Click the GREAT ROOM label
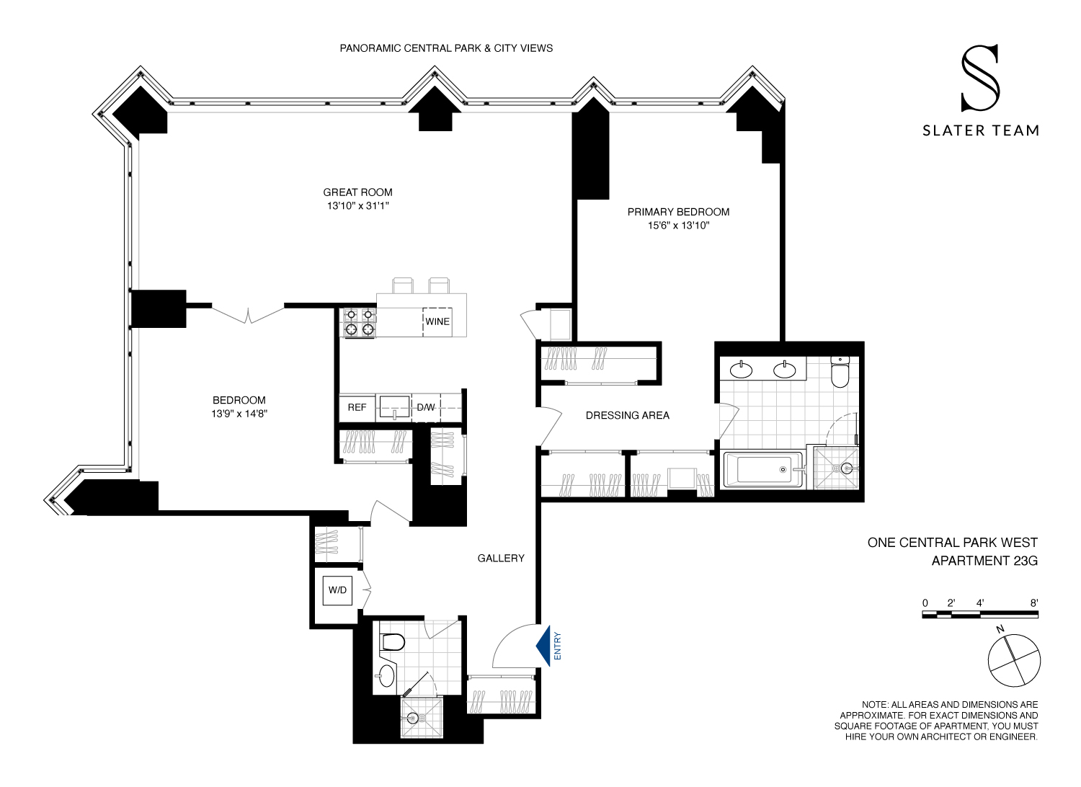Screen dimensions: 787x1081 coord(357,192)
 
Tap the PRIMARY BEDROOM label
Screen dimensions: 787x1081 coord(678,212)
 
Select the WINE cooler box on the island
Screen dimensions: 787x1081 coord(437,321)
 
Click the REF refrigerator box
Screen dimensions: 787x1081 coord(357,407)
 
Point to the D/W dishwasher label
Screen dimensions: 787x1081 coord(426,407)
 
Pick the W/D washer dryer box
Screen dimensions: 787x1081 coord(337,590)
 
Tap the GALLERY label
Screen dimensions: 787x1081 coord(501,558)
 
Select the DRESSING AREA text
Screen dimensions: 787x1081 coord(627,415)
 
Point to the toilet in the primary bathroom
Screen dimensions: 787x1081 coord(840,372)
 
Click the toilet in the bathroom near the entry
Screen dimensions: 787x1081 coord(393,641)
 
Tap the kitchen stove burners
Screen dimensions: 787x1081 coord(359,322)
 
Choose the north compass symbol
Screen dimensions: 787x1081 coord(1014,659)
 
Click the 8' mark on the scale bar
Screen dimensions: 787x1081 coord(1033,603)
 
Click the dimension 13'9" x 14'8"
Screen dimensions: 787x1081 coord(239,414)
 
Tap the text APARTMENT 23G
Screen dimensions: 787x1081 coord(984,561)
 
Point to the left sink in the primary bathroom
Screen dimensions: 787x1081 coord(741,370)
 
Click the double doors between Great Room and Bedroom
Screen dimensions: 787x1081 coord(248,314)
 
